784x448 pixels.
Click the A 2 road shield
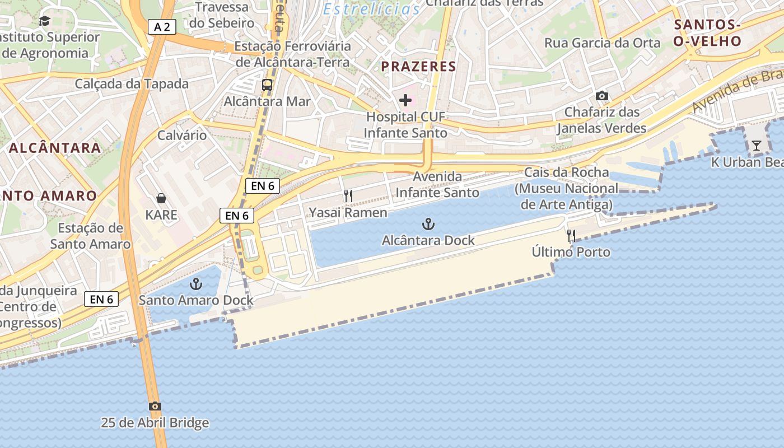click(x=162, y=27)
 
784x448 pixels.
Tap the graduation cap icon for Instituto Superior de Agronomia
click(x=44, y=21)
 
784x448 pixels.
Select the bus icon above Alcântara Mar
click(x=267, y=85)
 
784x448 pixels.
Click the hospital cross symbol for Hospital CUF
click(x=405, y=101)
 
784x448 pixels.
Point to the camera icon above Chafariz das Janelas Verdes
click(x=602, y=96)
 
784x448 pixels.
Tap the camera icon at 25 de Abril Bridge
click(x=155, y=406)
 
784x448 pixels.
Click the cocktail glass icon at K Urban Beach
click(x=757, y=146)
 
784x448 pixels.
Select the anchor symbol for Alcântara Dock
click(x=428, y=225)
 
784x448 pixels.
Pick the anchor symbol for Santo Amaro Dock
click(x=195, y=284)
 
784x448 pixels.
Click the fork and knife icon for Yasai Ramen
click(x=348, y=195)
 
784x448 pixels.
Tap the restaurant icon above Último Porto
click(x=571, y=236)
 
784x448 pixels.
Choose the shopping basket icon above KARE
click(x=161, y=198)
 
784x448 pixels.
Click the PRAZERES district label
click(x=419, y=67)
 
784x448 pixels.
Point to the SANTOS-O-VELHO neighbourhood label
click(x=708, y=32)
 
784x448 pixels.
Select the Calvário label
click(x=182, y=135)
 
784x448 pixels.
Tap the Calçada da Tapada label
click(x=132, y=84)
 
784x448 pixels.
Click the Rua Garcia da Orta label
click(x=603, y=43)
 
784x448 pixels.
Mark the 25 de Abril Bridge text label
click(x=155, y=423)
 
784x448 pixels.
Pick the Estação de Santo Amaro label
click(x=91, y=236)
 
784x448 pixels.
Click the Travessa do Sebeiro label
click(x=222, y=15)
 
